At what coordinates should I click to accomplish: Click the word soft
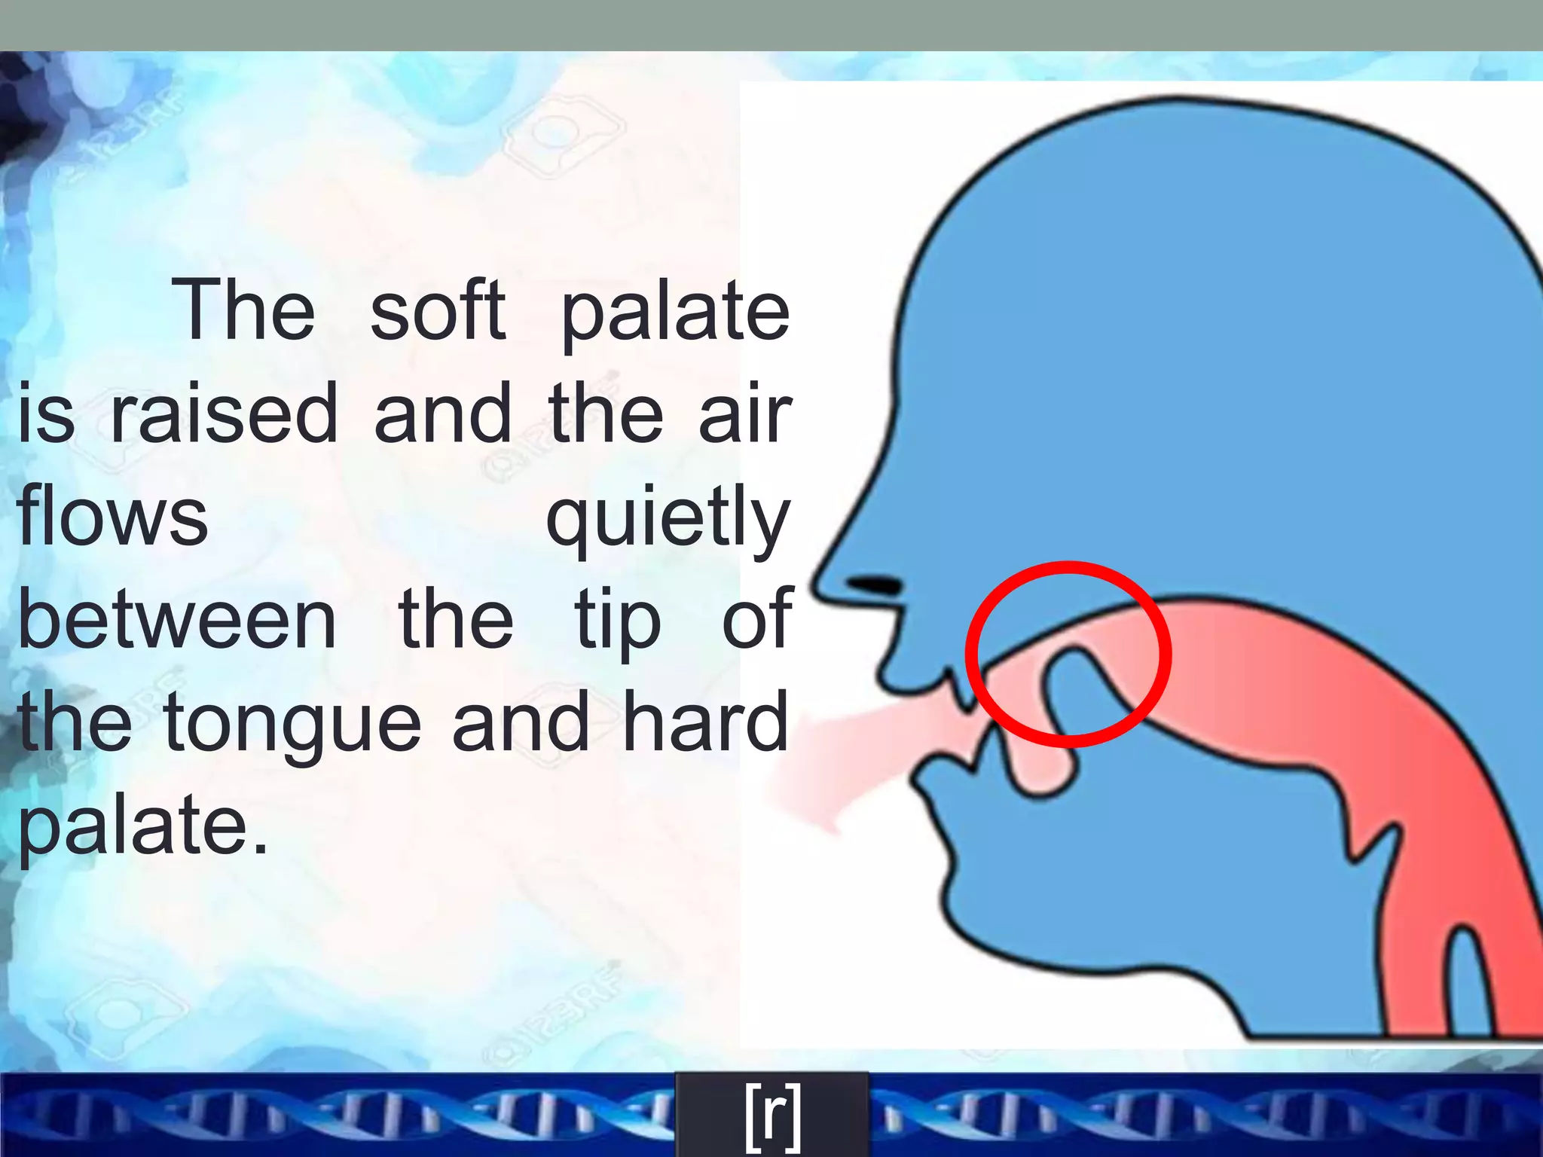click(x=438, y=310)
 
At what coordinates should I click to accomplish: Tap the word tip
click(x=617, y=622)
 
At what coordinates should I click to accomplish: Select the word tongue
click(x=292, y=725)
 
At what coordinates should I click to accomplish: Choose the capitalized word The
click(x=243, y=310)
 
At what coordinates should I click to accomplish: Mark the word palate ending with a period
click(x=143, y=827)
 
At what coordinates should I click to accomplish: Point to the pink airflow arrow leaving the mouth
click(x=836, y=761)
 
